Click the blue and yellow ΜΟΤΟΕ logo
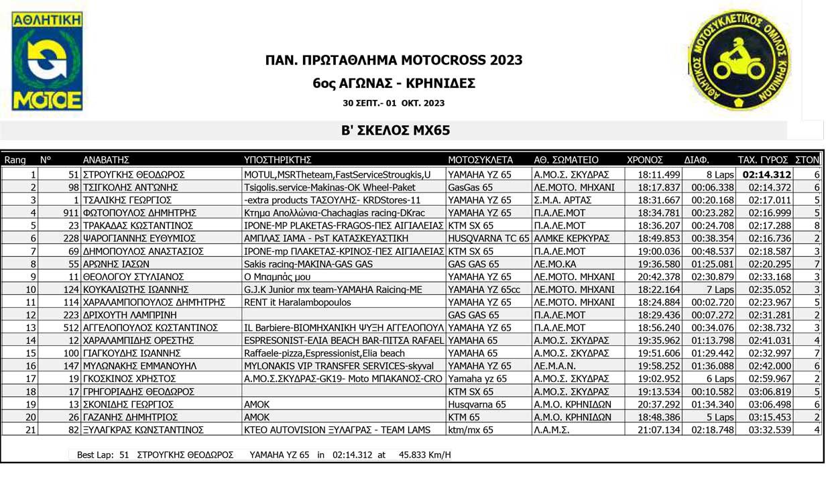point(47,61)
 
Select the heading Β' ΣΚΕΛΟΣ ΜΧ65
point(394,130)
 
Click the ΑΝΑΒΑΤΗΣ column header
point(106,160)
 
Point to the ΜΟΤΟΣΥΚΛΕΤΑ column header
point(480,160)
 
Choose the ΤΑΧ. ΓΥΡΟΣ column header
point(764,160)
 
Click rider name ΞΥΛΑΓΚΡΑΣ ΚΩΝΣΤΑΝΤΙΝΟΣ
point(143,430)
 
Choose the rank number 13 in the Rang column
point(30,328)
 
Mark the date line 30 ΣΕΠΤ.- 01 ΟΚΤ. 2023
point(394,104)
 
